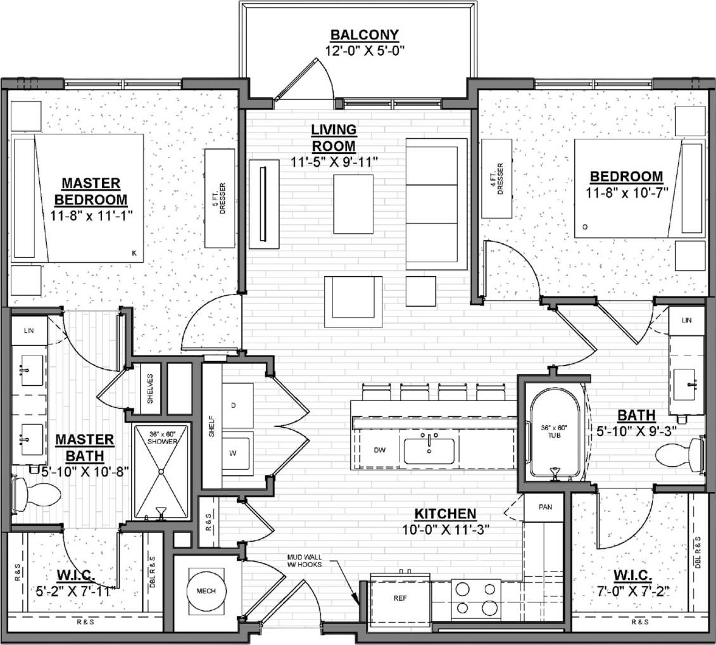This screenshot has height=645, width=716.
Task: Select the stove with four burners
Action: [x=475, y=599]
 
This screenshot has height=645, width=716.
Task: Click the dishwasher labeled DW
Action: [x=379, y=450]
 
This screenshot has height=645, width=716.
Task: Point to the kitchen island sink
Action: [x=429, y=450]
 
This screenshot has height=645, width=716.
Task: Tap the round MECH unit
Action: [x=206, y=591]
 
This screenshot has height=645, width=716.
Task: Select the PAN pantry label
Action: [x=545, y=508]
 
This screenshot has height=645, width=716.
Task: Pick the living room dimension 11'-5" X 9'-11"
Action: [x=335, y=161]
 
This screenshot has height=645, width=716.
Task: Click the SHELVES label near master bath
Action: [x=150, y=388]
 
